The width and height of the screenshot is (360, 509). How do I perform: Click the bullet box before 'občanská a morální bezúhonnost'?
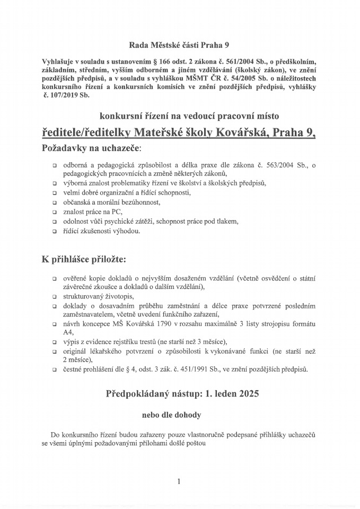point(55,202)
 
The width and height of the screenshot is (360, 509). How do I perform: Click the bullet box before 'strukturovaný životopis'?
point(55,296)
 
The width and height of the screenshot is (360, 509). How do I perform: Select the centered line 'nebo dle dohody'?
point(179,414)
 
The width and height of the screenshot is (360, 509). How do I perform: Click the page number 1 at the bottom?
point(179,481)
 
